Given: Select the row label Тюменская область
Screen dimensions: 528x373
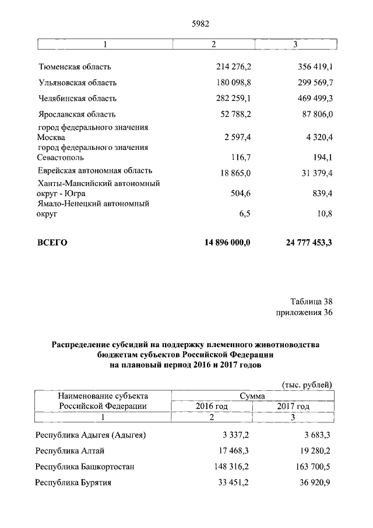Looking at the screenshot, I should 74,67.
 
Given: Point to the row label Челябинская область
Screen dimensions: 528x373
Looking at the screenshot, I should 77,99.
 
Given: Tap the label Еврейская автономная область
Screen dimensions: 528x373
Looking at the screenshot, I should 95,171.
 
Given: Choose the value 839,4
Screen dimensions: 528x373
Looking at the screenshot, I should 321,194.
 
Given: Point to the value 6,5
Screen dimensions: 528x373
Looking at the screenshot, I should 244,215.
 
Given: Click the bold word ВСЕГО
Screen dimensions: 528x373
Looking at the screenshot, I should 52,243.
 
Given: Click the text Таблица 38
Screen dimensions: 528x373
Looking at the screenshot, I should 311,302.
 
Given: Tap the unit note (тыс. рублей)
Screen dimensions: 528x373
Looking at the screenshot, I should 307,384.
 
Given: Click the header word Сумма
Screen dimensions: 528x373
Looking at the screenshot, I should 252,396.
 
